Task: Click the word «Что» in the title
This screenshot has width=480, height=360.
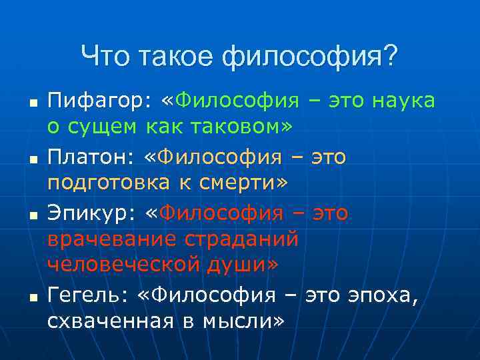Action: click(x=106, y=56)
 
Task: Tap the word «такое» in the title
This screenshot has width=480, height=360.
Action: click(x=177, y=56)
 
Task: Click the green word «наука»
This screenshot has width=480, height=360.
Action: click(x=403, y=101)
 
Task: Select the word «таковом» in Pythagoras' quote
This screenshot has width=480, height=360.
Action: click(x=221, y=125)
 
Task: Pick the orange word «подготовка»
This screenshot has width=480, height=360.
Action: click(x=106, y=181)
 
